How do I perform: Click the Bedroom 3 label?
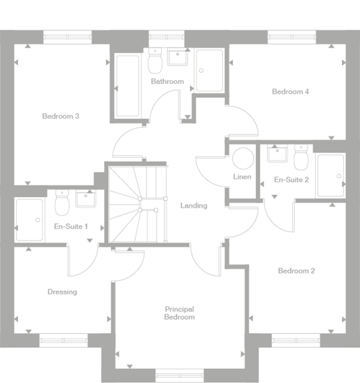click(x=61, y=116)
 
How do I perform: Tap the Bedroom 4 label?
click(x=290, y=91)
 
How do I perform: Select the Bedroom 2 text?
click(x=296, y=271)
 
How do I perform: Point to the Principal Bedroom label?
click(x=179, y=313)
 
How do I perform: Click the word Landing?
click(x=193, y=206)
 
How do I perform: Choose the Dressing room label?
click(x=62, y=292)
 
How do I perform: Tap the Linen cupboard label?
click(x=242, y=177)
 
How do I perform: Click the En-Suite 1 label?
click(x=71, y=226)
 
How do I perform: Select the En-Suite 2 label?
click(x=291, y=179)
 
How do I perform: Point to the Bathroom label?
click(x=167, y=81)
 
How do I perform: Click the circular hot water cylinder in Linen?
click(x=242, y=158)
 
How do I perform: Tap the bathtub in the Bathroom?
click(x=128, y=86)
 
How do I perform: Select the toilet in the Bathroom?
click(x=154, y=64)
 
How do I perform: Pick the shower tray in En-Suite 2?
click(x=330, y=177)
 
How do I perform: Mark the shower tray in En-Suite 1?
click(x=29, y=220)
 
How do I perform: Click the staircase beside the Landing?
click(x=137, y=204)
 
